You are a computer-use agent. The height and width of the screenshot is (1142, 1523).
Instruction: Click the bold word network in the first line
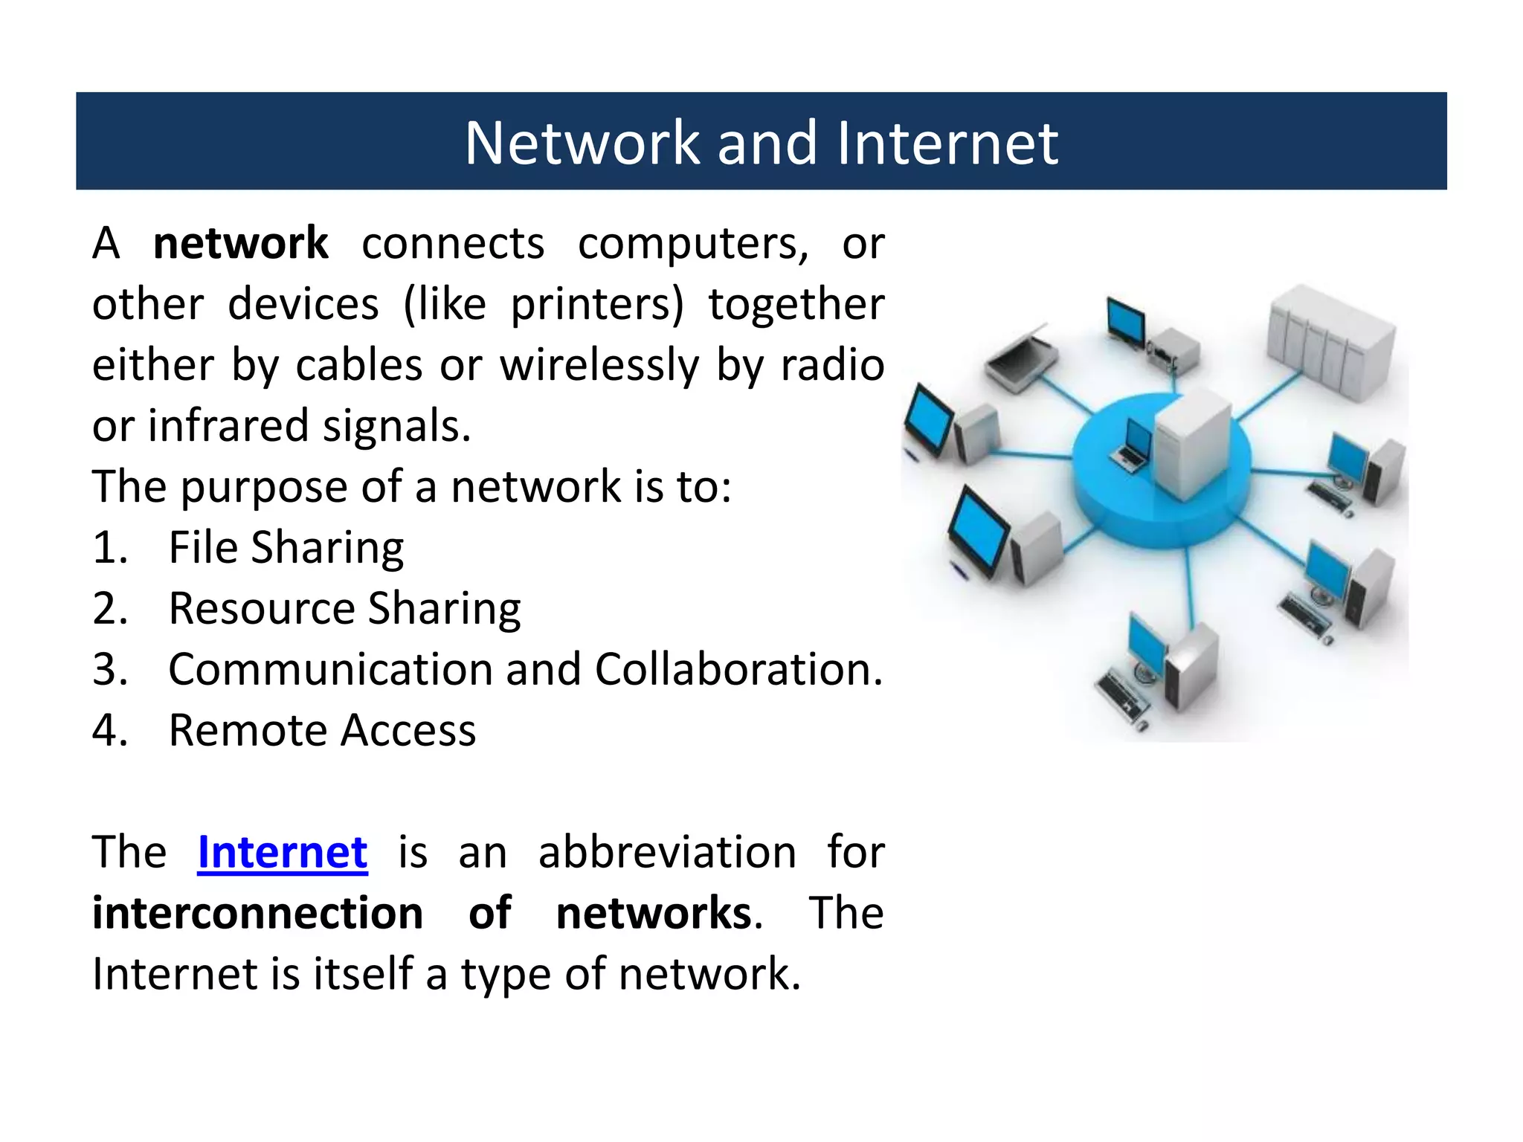240,244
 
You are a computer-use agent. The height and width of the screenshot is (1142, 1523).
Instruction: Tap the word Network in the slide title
582,143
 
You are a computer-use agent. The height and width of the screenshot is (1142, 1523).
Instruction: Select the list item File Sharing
286,549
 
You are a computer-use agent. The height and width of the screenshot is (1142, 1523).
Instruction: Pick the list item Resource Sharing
344,610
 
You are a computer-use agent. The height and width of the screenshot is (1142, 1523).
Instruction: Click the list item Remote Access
322,731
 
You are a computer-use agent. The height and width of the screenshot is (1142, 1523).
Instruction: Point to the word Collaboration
738,670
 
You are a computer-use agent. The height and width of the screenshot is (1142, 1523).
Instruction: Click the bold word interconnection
257,913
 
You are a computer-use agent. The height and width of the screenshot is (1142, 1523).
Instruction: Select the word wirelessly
599,366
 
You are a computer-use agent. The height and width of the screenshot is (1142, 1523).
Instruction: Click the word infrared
228,427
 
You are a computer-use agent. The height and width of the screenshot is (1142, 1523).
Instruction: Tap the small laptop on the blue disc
1133,446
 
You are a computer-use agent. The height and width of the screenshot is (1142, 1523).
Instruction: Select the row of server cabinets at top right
1330,343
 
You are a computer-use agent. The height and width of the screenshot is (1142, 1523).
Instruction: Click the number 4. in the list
110,731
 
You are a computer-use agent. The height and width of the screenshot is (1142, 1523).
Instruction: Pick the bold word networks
654,913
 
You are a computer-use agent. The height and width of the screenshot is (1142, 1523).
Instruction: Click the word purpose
264,488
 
